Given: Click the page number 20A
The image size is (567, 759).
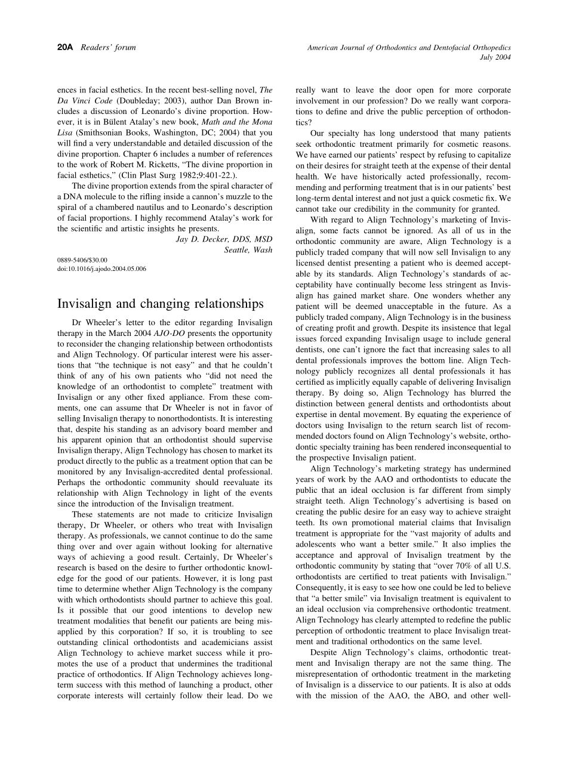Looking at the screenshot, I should (x=64, y=47).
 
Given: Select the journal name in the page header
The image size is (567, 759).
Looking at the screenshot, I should (x=409, y=47).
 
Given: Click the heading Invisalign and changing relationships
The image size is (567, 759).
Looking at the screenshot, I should (x=160, y=304).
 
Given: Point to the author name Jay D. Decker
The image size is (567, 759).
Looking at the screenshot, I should (x=224, y=239).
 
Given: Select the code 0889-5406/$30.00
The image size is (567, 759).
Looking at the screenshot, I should (x=82, y=260).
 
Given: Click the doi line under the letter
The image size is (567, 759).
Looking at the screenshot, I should (x=101, y=269).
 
